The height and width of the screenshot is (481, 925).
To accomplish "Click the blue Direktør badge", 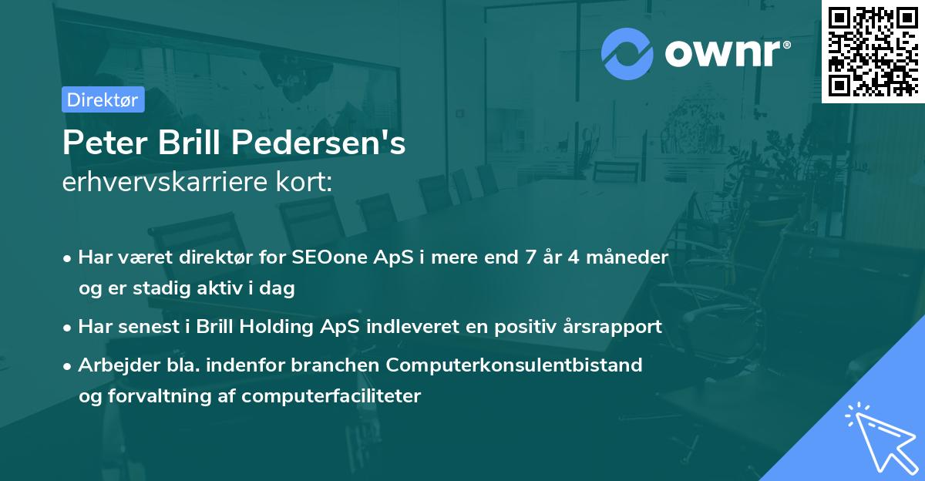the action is pos(103,99).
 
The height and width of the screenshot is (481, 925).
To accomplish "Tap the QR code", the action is pos(873,52).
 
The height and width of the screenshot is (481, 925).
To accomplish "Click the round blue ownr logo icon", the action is pos(627,54).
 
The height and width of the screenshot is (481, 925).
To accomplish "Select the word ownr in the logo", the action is pos(723,53).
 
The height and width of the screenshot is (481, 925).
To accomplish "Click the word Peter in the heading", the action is pos(105,143).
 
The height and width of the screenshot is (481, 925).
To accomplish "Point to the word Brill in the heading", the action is pos(189,142).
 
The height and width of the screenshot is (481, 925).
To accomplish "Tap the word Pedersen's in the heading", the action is pos(318,142).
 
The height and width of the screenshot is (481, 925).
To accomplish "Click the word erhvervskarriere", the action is pos(165,182).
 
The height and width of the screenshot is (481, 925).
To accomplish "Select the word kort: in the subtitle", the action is pos(304,182).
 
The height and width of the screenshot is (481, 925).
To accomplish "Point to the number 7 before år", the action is pos(530,257).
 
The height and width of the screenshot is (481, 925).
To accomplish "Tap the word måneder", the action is pos(627,257).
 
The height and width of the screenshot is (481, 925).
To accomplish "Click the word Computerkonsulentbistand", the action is pos(514,365).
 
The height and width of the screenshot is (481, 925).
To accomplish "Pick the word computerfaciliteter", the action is pos(331,396).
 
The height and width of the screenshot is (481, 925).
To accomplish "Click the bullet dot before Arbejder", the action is pos(67,366).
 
